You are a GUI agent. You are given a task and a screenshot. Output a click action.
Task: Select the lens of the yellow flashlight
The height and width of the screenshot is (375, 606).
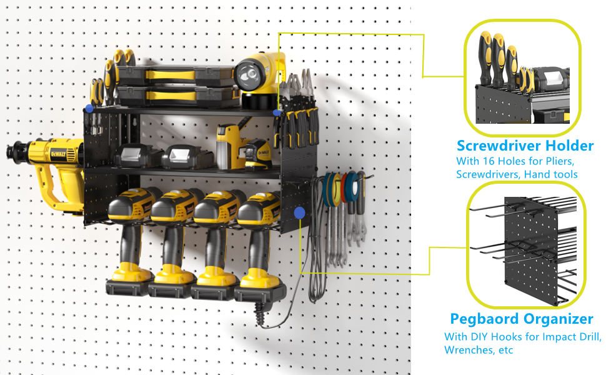point(246,74)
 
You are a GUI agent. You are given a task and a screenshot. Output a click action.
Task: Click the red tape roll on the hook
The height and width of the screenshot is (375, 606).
point(344,188)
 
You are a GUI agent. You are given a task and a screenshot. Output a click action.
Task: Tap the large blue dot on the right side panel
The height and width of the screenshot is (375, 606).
point(299,213)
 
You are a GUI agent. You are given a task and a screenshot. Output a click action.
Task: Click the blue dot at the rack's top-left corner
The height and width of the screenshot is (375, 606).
point(89,108)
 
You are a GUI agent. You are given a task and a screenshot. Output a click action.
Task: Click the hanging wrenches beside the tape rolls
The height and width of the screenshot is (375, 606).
point(340,219)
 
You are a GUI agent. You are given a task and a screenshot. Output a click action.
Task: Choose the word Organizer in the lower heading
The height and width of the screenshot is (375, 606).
point(557,319)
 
